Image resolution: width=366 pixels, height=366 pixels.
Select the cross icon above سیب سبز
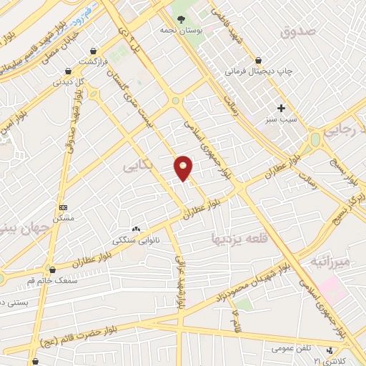(x=282, y=109)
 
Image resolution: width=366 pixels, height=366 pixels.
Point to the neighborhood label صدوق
(x=297, y=31)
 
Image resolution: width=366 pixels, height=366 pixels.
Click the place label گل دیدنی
(x=71, y=83)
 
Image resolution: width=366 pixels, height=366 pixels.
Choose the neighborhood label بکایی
(x=137, y=167)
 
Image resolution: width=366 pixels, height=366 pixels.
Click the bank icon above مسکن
(x=62, y=207)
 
